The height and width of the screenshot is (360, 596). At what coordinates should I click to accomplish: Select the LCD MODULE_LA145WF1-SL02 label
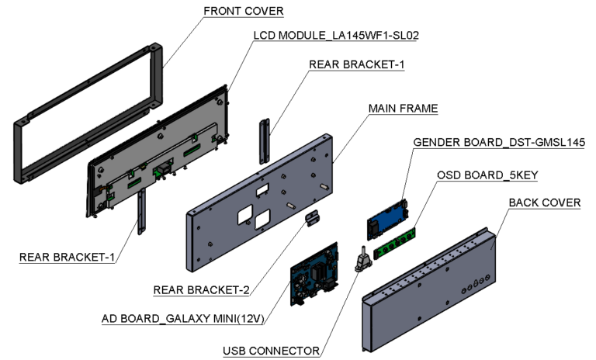[x=337, y=36]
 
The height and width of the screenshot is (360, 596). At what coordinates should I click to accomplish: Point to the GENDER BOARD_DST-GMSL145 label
[x=499, y=143]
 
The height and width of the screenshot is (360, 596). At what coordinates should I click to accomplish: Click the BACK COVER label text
[x=544, y=203]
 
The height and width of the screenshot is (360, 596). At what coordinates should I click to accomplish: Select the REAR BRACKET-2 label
[x=201, y=290]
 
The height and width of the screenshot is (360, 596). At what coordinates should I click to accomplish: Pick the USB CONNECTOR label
[x=269, y=350]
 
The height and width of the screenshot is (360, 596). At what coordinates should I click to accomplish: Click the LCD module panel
[x=159, y=163]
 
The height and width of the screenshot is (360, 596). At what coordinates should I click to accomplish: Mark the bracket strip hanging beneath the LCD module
[x=142, y=214]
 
